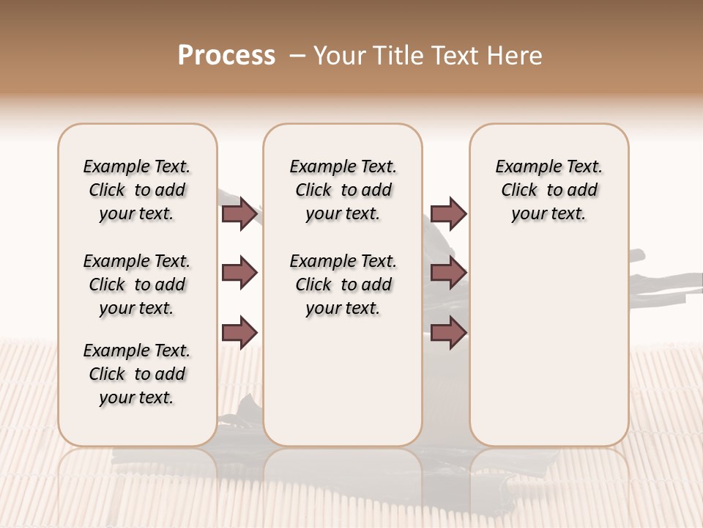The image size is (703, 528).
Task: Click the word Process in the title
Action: (226, 56)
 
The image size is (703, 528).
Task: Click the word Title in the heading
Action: (396, 56)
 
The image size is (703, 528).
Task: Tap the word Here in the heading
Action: (515, 56)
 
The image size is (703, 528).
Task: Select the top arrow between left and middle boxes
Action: (239, 214)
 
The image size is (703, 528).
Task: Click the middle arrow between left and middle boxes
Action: (239, 274)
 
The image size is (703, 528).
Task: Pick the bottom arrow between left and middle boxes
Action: (239, 332)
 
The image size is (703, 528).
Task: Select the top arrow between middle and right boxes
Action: (448, 214)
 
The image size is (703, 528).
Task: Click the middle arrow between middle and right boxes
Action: (448, 274)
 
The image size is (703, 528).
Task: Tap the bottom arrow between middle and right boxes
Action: (448, 332)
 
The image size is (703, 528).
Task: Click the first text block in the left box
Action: (137, 190)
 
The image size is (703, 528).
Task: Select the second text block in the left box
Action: (137, 285)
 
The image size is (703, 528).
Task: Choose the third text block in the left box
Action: (137, 374)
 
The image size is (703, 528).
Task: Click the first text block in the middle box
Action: (343, 190)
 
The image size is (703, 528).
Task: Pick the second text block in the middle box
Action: (343, 285)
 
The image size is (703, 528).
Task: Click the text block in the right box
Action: (549, 190)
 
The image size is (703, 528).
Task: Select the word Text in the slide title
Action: (457, 56)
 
